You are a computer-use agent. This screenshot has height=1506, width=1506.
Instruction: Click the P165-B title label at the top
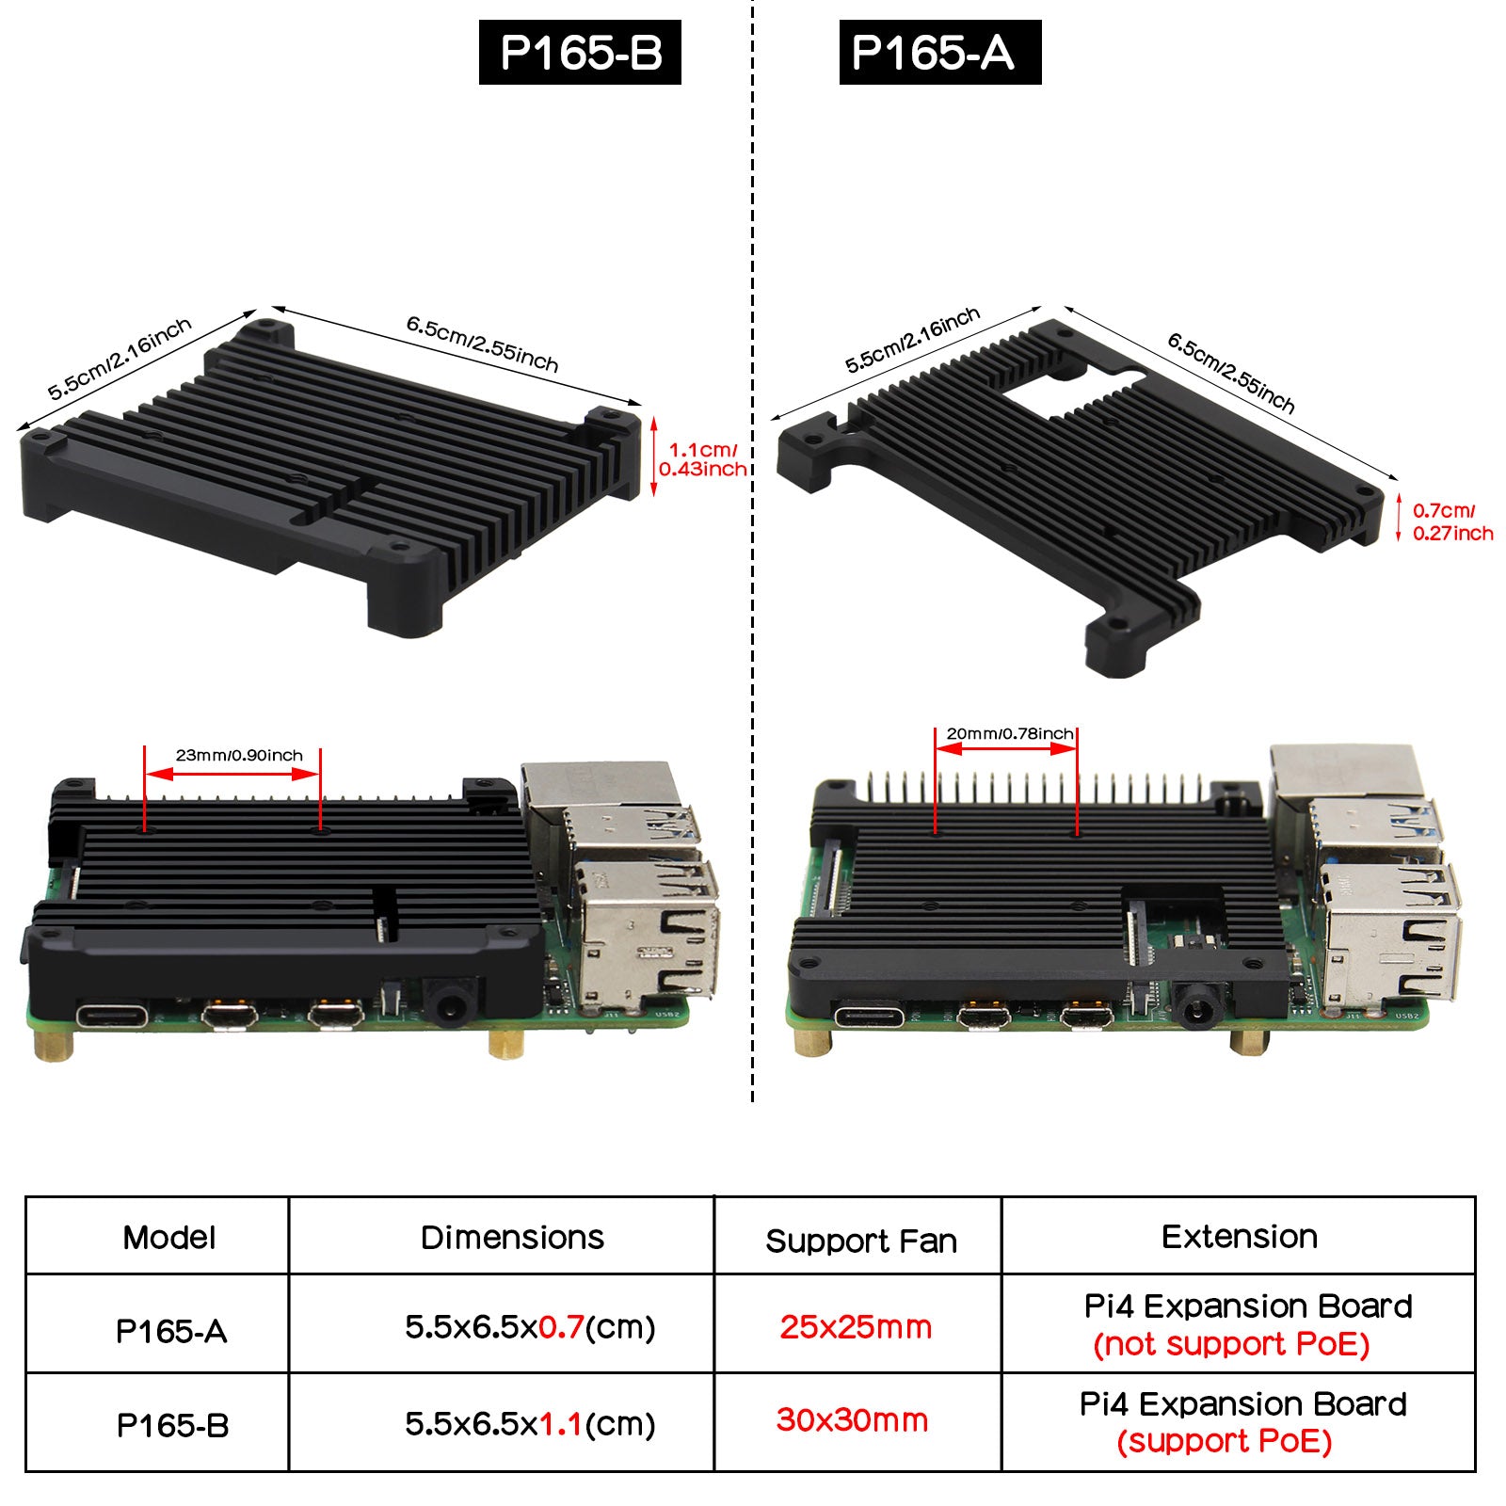tap(580, 53)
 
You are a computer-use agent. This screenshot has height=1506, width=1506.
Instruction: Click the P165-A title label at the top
tap(939, 53)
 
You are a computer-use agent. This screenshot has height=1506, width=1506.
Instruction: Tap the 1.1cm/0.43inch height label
tap(702, 459)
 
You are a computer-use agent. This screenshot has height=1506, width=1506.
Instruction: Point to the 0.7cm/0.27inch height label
tap(1452, 521)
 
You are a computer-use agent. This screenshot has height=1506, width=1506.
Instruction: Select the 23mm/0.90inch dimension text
tap(239, 755)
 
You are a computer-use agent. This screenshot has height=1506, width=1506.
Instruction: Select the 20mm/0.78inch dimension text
tap(1009, 733)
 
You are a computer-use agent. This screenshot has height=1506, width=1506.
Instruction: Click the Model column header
tap(168, 1237)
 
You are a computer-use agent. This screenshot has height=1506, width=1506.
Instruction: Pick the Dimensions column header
tap(512, 1237)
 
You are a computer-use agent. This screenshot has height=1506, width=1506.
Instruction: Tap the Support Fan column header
tap(861, 1242)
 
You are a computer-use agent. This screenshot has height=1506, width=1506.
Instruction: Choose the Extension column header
tap(1240, 1236)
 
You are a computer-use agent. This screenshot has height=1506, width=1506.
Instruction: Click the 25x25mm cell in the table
tap(856, 1327)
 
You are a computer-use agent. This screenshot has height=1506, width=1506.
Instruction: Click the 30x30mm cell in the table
tap(852, 1419)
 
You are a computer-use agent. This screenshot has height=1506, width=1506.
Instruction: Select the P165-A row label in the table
tap(171, 1331)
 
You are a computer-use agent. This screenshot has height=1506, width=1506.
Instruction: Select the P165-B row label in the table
tap(172, 1425)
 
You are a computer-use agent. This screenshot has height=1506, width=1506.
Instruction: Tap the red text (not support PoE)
tap(1231, 1344)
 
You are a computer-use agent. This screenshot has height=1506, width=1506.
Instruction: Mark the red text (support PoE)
tap(1225, 1441)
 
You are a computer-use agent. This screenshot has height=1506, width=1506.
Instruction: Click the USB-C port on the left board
tap(112, 1017)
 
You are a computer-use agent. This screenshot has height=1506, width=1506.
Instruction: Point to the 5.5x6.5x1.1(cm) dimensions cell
tap(530, 1424)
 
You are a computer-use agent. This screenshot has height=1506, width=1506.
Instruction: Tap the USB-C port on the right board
tap(869, 1017)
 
